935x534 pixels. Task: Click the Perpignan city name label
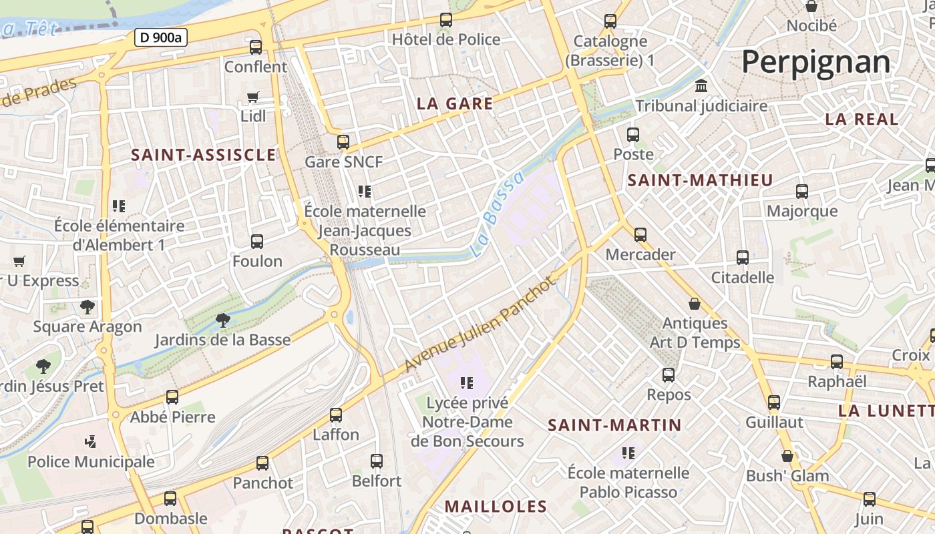(815, 62)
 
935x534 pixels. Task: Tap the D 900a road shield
(160, 37)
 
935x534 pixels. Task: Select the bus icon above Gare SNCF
(343, 142)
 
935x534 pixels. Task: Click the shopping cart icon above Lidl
(253, 97)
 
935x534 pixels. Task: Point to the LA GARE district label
(455, 103)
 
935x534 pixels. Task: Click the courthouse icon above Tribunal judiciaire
(701, 86)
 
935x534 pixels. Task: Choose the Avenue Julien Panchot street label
(480, 325)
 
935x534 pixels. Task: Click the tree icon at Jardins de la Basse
(223, 320)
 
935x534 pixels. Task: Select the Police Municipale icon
(91, 441)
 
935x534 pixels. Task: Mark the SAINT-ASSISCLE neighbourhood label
(203, 155)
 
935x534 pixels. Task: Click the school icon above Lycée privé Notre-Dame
(467, 383)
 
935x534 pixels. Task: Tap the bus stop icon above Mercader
(640, 234)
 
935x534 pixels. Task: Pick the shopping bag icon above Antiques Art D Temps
(695, 304)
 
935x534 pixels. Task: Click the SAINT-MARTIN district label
(614, 425)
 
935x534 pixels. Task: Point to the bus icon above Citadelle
(743, 257)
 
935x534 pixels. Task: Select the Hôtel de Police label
(445, 39)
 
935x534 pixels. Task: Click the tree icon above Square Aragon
(87, 307)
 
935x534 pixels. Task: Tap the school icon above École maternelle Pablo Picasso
(628, 453)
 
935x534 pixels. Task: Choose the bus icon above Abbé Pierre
(172, 397)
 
